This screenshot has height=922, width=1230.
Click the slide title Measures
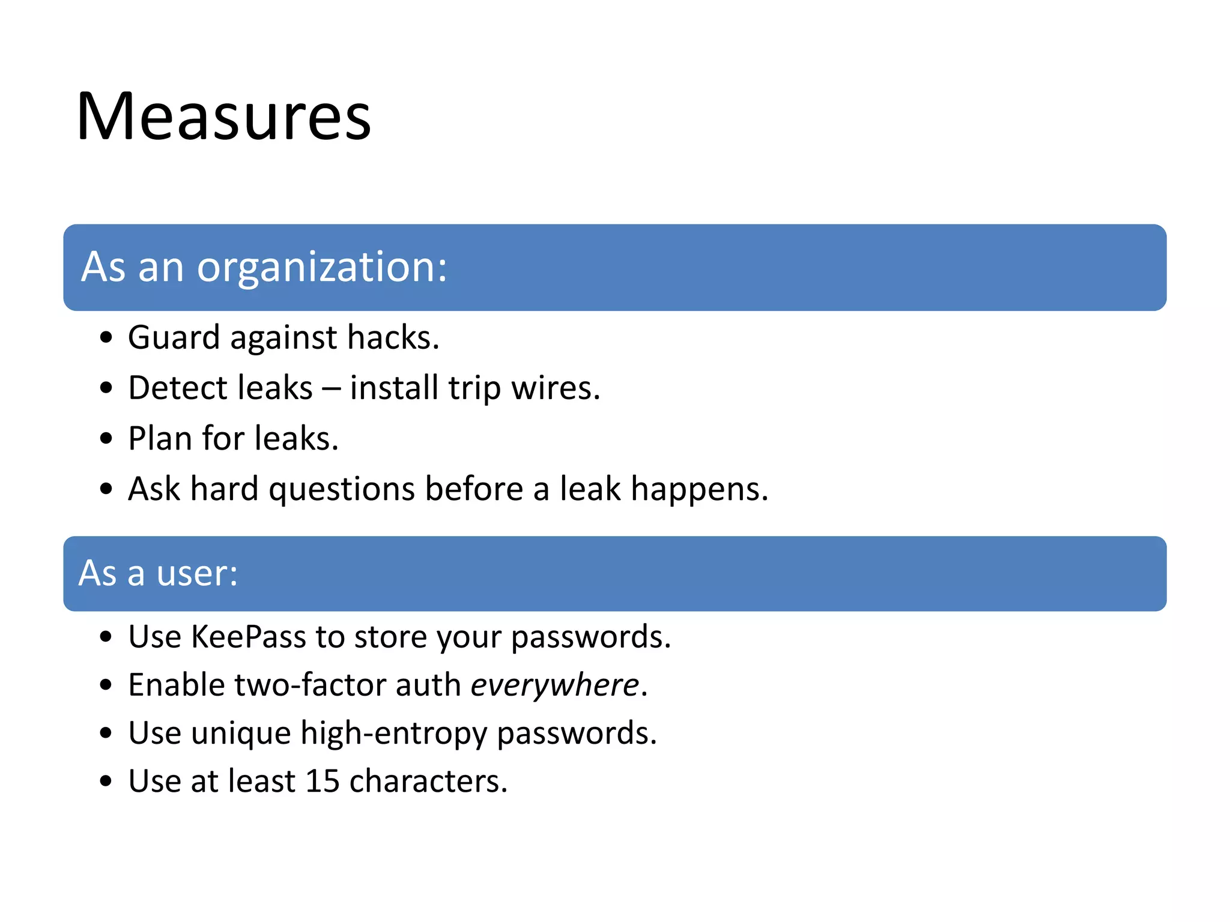point(223,116)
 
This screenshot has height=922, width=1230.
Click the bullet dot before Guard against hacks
point(106,338)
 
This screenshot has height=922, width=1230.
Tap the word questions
point(341,489)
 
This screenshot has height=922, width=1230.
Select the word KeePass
point(248,637)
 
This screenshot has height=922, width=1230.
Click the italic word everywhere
point(554,685)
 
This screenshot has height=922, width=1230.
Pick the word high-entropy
point(393,734)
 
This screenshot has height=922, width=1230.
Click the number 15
point(322,782)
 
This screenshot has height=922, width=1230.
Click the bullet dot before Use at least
point(106,782)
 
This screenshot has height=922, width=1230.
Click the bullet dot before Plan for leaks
point(106,439)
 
